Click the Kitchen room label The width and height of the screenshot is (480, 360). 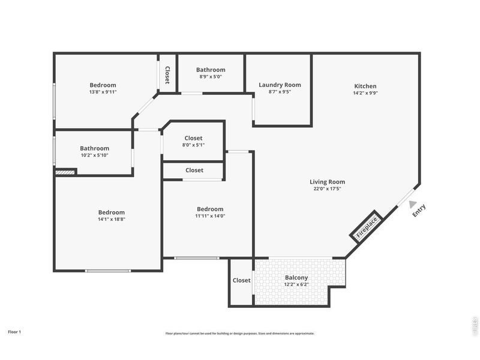point(365,86)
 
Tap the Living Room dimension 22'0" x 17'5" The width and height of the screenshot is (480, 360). point(327,189)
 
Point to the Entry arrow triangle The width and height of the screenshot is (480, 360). point(413,204)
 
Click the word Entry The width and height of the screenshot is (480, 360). point(419,211)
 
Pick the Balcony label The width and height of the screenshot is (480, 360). point(296,278)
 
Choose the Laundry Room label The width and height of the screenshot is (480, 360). point(280,85)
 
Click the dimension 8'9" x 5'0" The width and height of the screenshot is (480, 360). point(210,77)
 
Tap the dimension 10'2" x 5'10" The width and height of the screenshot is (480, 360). point(95,155)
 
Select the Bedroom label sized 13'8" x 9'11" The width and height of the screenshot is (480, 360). point(103,85)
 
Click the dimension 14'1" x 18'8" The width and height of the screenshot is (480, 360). point(112,219)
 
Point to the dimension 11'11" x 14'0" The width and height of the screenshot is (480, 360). point(210,216)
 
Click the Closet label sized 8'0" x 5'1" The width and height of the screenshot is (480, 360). point(193,139)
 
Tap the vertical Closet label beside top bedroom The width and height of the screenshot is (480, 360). point(167,75)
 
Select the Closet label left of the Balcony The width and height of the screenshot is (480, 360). point(241,280)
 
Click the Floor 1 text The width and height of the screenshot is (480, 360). point(14,331)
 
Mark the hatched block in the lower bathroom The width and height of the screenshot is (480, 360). point(65,172)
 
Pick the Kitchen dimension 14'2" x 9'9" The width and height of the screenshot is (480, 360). point(365,93)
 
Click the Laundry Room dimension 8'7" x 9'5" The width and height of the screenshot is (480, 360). point(280,92)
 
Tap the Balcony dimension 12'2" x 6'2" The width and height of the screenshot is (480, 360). point(296,284)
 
